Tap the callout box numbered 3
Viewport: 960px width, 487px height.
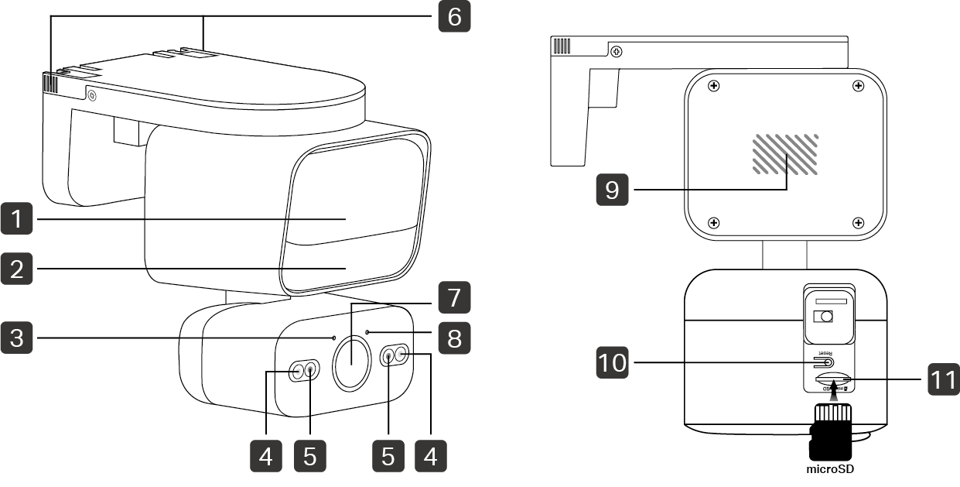(18, 338)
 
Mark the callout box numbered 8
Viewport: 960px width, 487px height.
(454, 339)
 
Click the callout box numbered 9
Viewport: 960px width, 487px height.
(612, 189)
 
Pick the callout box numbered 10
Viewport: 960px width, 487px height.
(612, 362)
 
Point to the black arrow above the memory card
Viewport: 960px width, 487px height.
(834, 393)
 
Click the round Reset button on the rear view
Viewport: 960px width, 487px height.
(829, 362)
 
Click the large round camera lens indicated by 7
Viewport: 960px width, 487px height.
(351, 362)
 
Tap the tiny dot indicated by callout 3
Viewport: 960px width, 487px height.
(333, 338)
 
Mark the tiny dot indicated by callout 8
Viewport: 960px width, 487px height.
(367, 332)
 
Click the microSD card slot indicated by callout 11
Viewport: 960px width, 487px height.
(832, 380)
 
